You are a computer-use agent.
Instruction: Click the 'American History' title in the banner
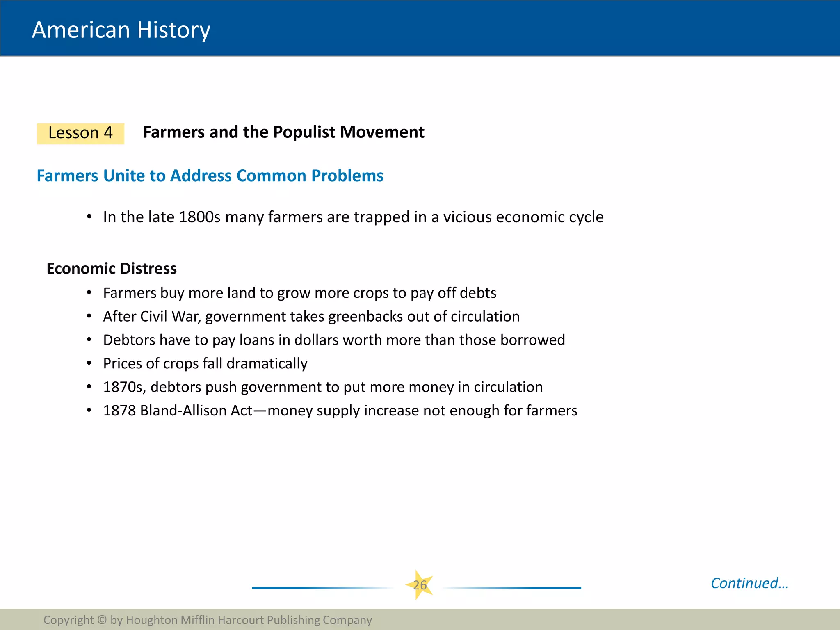click(121, 30)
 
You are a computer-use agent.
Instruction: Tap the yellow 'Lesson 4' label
click(80, 133)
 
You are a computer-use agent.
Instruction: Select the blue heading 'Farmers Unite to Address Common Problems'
click(210, 176)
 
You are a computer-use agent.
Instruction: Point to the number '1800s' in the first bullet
click(200, 217)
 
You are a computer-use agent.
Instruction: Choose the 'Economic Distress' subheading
click(112, 268)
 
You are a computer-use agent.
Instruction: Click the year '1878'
click(119, 411)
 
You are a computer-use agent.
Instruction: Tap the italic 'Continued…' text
click(749, 583)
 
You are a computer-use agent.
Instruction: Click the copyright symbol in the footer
click(102, 620)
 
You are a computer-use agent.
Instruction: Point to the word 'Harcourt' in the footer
click(241, 620)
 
